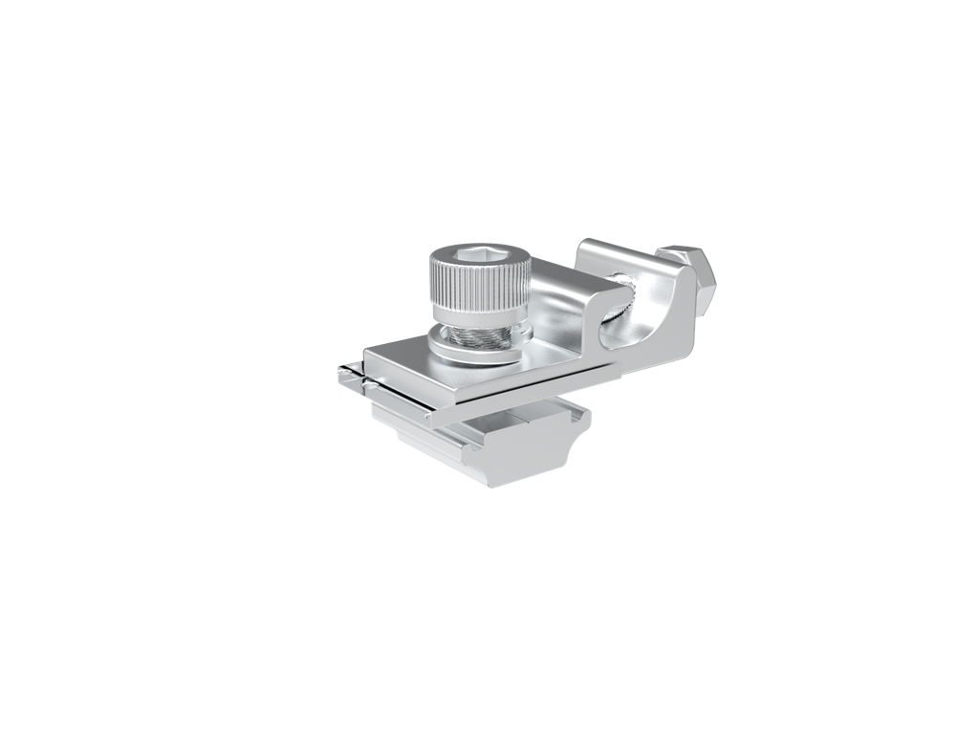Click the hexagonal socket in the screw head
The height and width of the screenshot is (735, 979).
[x=475, y=253]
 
